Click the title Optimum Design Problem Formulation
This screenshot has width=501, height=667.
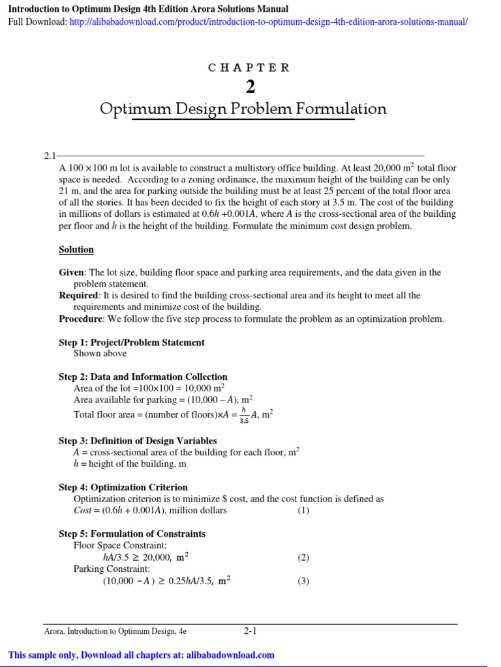point(243,109)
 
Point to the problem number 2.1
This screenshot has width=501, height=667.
point(50,156)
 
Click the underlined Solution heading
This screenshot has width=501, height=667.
point(76,249)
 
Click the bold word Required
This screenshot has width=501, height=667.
point(78,295)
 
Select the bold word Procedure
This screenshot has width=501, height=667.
point(81,319)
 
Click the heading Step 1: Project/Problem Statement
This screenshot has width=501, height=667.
point(131,342)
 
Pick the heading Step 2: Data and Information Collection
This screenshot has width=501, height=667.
point(143,376)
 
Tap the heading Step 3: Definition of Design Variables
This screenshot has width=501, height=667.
point(138,440)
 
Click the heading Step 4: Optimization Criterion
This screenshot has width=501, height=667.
point(123,487)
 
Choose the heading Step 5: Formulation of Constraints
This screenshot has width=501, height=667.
point(132,533)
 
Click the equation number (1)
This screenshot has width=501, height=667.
point(303,510)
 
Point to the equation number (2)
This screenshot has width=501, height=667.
point(303,558)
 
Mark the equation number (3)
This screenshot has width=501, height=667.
point(303,581)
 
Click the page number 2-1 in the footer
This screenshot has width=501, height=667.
point(250,631)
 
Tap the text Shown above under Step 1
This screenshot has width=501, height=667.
point(100,353)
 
